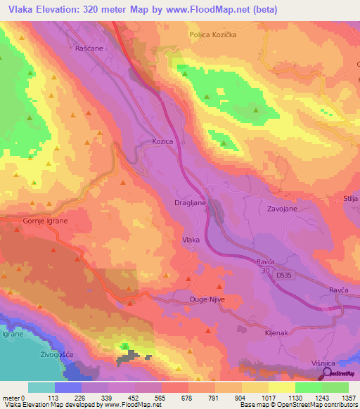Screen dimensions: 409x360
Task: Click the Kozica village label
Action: click(x=162, y=141)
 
